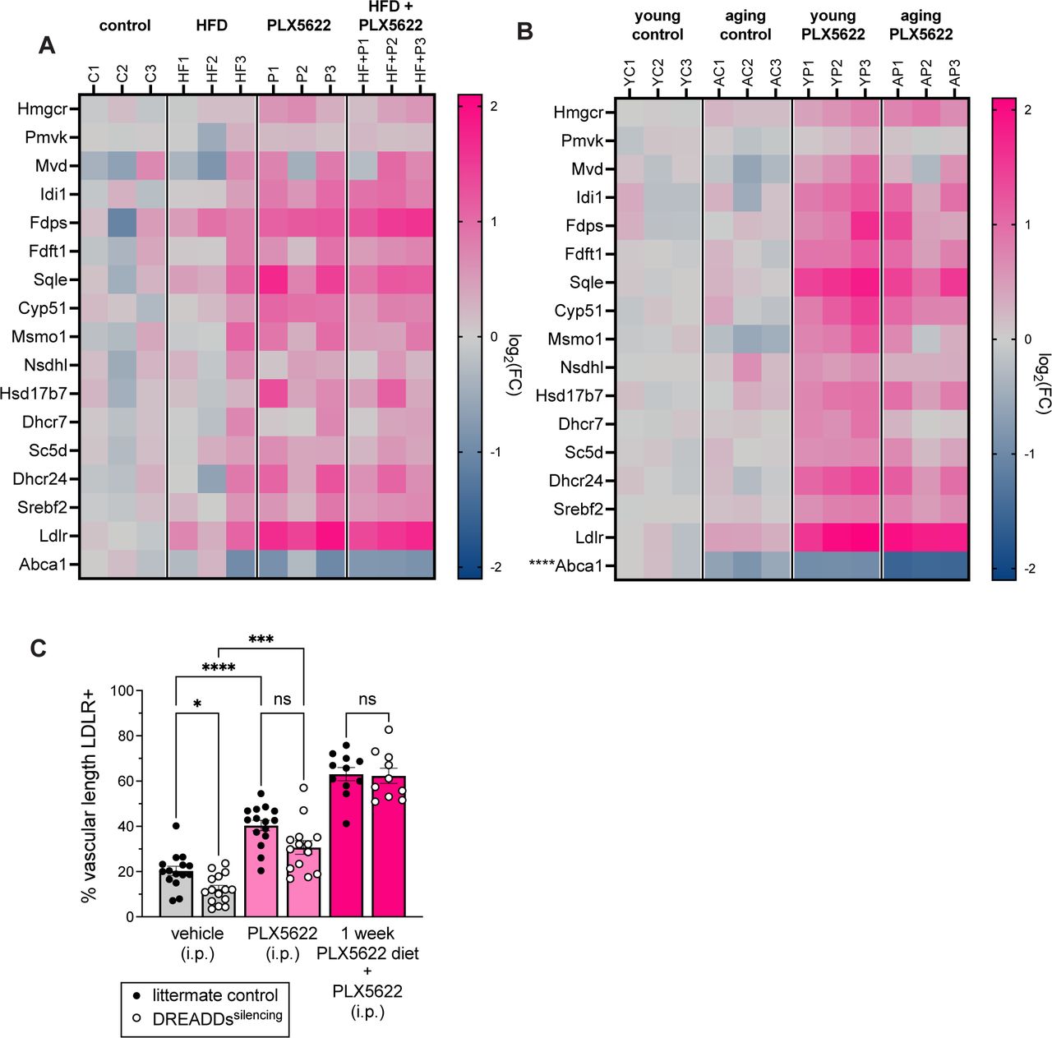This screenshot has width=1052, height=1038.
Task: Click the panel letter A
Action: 47,45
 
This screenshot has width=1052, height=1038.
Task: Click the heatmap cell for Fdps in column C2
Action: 122,223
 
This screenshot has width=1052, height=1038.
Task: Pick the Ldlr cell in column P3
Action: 330,536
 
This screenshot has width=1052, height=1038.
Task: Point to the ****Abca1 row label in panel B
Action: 565,565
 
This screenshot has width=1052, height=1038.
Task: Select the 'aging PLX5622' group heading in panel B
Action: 920,25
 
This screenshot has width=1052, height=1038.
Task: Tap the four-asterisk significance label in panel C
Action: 218,667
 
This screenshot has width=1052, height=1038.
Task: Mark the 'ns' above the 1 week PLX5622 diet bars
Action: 367,699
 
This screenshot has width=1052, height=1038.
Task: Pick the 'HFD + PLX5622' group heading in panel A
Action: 390,16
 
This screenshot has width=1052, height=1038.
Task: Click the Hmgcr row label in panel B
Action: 578,113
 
